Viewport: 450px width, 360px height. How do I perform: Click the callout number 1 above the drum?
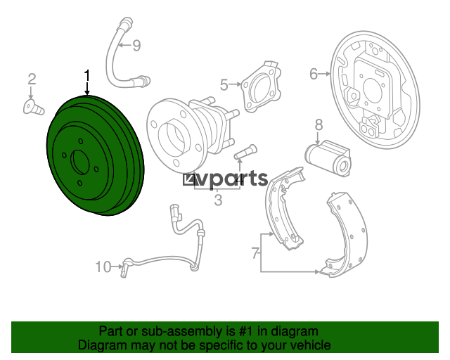point(86,75)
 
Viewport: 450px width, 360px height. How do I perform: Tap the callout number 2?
point(32,79)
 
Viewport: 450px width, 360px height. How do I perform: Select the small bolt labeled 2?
point(33,107)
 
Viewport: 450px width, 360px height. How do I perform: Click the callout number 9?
point(136,46)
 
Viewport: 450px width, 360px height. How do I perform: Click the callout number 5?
point(224,85)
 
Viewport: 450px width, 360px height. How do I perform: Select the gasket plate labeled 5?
point(261,86)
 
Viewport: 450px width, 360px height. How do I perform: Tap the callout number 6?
point(314,74)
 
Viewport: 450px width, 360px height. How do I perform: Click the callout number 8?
point(319,125)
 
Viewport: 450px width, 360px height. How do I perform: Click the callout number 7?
point(255,253)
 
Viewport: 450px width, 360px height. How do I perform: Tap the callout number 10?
point(103,267)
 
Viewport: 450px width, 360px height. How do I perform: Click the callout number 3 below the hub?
point(218,200)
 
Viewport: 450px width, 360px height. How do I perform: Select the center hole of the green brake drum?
point(82,162)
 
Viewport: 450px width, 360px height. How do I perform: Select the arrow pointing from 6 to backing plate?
point(325,74)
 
